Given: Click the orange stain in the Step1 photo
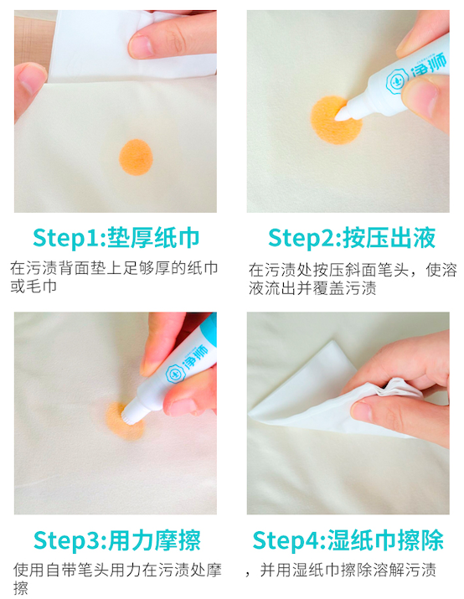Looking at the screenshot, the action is click(136, 157).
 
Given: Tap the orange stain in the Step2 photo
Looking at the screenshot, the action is click(336, 120).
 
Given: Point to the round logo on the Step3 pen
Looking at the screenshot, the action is click(176, 374).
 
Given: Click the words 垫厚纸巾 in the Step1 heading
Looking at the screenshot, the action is click(153, 238).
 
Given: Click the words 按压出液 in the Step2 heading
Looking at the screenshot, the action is click(389, 238).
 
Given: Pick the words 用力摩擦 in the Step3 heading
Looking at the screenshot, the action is click(155, 540).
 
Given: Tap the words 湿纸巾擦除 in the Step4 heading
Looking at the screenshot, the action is click(386, 540).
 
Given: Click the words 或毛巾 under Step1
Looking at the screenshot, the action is click(34, 287).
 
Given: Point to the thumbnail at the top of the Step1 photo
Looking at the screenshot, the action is click(141, 47).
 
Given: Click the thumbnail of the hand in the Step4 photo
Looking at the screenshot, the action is click(362, 411).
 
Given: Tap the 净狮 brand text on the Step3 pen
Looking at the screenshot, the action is click(196, 356).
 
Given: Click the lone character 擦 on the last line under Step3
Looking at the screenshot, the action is click(21, 588).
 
